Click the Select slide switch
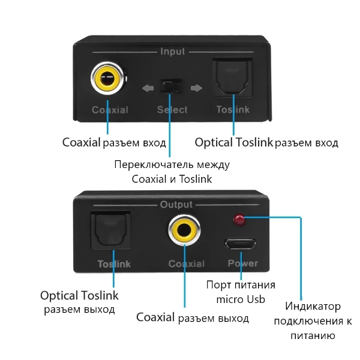click(x=170, y=88)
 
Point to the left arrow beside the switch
click(x=148, y=89)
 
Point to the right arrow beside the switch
click(x=196, y=89)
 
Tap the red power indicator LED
click(x=239, y=220)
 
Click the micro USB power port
click(x=241, y=244)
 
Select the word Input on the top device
click(x=173, y=52)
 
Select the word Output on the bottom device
click(x=176, y=205)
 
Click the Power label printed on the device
click(x=243, y=263)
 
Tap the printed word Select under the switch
click(x=172, y=110)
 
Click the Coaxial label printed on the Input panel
click(x=110, y=110)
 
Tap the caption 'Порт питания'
click(x=241, y=284)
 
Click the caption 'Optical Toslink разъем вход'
click(x=266, y=143)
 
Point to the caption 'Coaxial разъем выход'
click(x=192, y=317)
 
